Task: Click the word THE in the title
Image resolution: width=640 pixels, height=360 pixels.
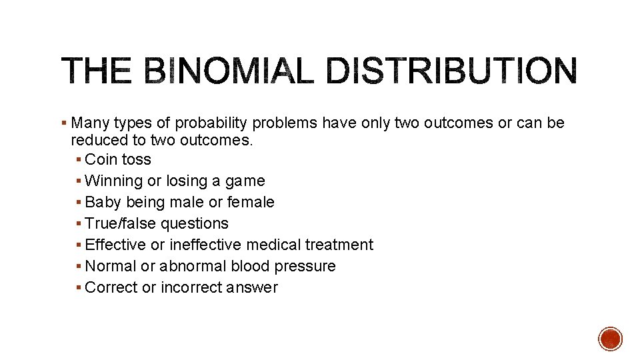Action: point(97,71)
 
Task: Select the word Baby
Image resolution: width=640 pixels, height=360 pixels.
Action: point(103,202)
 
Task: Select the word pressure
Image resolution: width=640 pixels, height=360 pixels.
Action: point(308,267)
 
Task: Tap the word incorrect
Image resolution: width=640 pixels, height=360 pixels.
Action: point(191,287)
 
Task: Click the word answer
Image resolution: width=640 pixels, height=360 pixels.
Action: point(252,288)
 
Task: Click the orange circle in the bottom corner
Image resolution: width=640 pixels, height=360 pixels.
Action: point(611,339)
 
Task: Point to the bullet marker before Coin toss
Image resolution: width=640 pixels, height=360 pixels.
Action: point(79,160)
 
